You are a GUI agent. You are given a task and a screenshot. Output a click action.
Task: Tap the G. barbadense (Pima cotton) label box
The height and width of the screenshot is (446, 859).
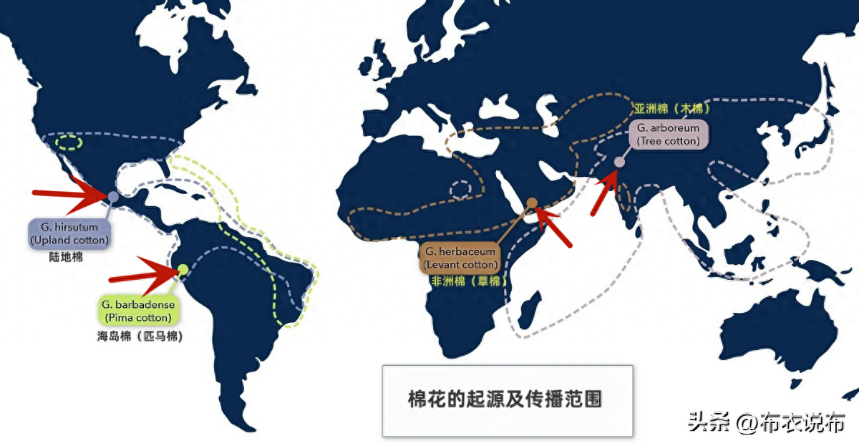click(138, 311)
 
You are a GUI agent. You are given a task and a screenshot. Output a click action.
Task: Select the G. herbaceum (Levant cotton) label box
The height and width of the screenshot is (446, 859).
click(460, 258)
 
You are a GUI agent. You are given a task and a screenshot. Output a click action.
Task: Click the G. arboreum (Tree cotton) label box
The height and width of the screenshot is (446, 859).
click(669, 134)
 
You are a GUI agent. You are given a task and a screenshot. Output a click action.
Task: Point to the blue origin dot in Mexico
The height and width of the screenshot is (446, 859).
click(113, 197)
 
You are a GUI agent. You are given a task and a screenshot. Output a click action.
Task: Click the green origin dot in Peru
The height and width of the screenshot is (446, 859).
click(183, 269)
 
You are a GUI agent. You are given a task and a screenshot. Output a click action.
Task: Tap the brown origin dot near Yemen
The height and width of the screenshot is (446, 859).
click(531, 203)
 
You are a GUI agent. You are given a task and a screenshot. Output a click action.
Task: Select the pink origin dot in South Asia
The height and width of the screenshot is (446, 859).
click(619, 163)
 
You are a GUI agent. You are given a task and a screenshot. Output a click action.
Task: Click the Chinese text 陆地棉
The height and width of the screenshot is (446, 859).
click(66, 257)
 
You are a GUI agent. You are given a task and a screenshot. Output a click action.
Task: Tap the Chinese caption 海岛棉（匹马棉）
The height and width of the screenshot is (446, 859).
click(140, 336)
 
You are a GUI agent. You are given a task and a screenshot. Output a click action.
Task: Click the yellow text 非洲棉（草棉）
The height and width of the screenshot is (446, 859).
click(469, 281)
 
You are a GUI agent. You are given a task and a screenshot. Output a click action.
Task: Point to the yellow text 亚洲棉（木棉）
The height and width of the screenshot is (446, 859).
click(672, 109)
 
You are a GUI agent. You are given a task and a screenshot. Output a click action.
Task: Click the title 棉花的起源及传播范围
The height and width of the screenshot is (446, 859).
click(505, 399)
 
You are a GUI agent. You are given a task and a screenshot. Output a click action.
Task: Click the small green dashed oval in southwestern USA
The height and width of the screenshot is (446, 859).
click(69, 142)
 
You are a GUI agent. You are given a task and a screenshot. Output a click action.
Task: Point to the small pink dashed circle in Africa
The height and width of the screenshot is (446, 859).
click(460, 190)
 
